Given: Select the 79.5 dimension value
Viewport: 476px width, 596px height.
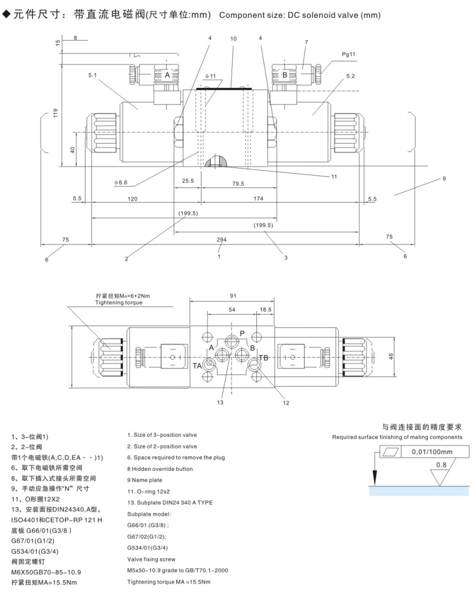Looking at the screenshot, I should click(x=238, y=184).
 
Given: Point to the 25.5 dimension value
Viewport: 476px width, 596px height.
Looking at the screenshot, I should click(x=187, y=181).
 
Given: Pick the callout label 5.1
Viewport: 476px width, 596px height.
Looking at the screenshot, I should click(x=93, y=75).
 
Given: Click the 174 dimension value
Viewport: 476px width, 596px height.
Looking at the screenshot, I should click(x=257, y=199).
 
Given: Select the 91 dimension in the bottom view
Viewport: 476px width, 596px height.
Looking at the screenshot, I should click(x=233, y=296).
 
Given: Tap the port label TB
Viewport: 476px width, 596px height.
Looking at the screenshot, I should click(x=263, y=358).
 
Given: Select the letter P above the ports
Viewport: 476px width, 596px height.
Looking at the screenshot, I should click(x=242, y=333).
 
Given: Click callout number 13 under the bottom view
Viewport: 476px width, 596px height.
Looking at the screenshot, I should click(x=221, y=403).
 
